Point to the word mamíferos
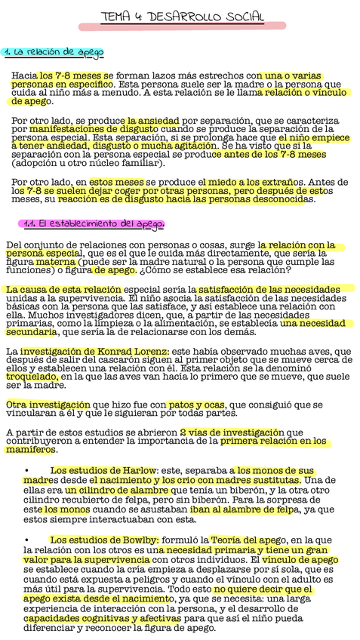click(x=31, y=450)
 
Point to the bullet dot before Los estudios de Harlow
click(x=27, y=471)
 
